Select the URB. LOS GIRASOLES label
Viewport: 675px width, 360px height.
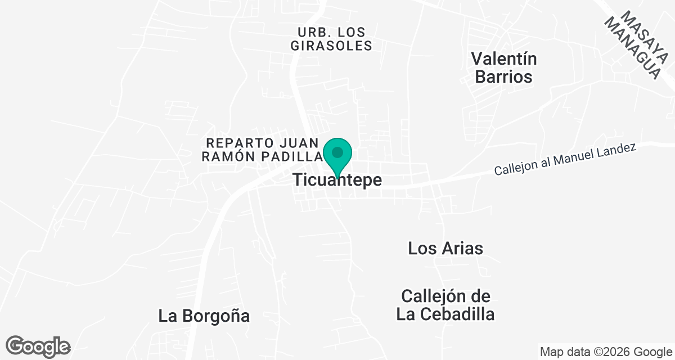coord(331,39)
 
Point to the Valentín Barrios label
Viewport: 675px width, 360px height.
coord(504,67)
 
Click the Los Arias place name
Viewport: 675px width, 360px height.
coord(445,248)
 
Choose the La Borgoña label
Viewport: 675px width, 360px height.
coord(204,316)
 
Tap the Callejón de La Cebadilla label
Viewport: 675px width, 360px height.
coord(445,305)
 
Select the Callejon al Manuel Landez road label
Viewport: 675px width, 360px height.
coord(565,159)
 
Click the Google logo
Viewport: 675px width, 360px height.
coord(38,346)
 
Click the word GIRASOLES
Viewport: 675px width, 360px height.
coord(331,46)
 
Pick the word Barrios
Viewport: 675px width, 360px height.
coord(504,76)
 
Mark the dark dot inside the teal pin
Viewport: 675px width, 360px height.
coord(337,152)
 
